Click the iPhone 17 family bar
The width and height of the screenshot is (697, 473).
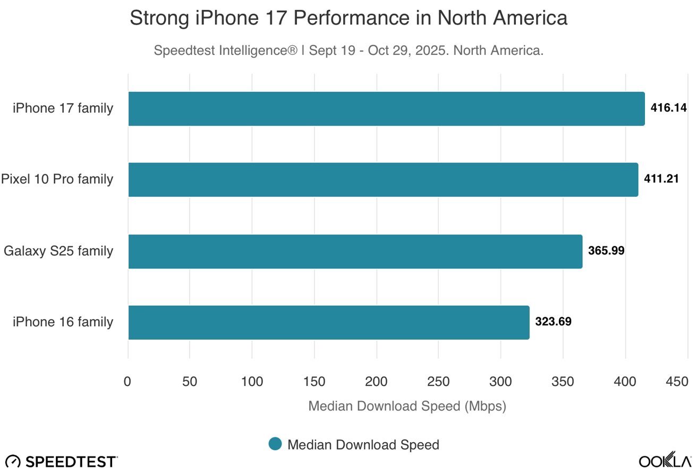pyautogui.click(x=386, y=109)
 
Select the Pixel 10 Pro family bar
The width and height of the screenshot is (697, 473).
pyautogui.click(x=383, y=180)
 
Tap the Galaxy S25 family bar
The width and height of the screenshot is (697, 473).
pyautogui.click(x=355, y=251)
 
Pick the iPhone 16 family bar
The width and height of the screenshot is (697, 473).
pyautogui.click(x=329, y=323)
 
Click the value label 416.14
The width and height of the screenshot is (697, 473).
pyautogui.click(x=669, y=108)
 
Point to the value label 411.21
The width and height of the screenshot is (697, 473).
pyautogui.click(x=661, y=180)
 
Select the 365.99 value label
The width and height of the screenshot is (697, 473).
pyautogui.click(x=606, y=251)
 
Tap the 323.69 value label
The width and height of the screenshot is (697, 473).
pyautogui.click(x=553, y=322)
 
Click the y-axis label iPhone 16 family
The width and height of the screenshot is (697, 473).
pyautogui.click(x=63, y=322)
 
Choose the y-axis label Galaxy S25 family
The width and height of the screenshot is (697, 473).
pyautogui.click(x=58, y=251)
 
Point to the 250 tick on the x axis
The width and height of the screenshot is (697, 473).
pyautogui.click(x=438, y=382)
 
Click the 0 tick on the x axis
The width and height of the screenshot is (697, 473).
pyautogui.click(x=127, y=382)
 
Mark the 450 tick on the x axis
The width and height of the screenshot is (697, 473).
pyautogui.click(x=677, y=382)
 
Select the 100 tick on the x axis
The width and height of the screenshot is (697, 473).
pyautogui.click(x=252, y=382)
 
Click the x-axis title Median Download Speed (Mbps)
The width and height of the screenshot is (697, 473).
pyautogui.click(x=407, y=407)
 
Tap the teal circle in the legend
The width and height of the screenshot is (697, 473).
pyautogui.click(x=275, y=444)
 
